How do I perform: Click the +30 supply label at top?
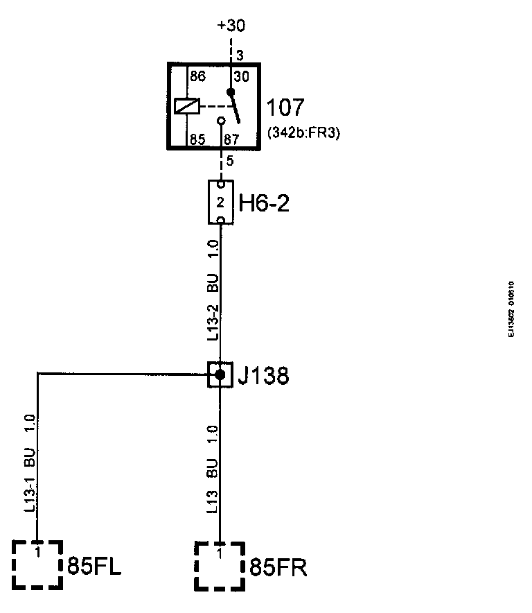click(231, 26)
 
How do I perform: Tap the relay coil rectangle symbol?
click(187, 106)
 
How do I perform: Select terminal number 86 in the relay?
click(199, 76)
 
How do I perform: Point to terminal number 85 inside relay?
click(199, 139)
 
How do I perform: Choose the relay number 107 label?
click(285, 108)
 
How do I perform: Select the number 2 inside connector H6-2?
click(220, 203)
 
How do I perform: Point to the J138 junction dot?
click(220, 374)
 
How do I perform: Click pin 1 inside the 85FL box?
click(37, 553)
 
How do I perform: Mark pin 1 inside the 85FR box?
click(220, 553)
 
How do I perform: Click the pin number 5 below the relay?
click(230, 162)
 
